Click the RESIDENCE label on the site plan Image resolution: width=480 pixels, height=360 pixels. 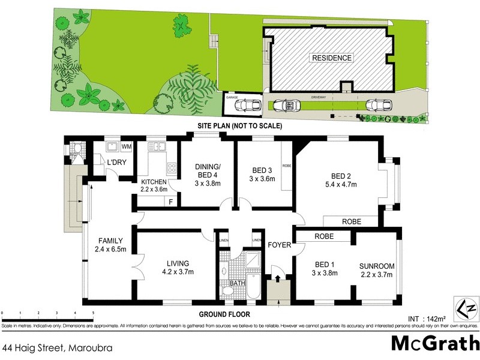331,58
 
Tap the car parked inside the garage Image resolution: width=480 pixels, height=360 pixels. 247,106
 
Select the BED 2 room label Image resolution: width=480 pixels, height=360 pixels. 340,176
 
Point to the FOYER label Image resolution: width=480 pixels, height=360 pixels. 279,245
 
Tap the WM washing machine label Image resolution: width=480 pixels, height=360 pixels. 127,147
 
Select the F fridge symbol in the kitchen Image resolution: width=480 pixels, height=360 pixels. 171,202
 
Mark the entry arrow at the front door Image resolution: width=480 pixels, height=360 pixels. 278,278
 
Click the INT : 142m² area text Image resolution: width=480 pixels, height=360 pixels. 424,319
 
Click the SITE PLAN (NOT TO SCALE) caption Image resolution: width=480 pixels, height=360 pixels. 239,127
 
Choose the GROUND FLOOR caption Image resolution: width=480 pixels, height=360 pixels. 226,314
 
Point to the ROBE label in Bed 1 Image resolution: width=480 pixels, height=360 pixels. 323,236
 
